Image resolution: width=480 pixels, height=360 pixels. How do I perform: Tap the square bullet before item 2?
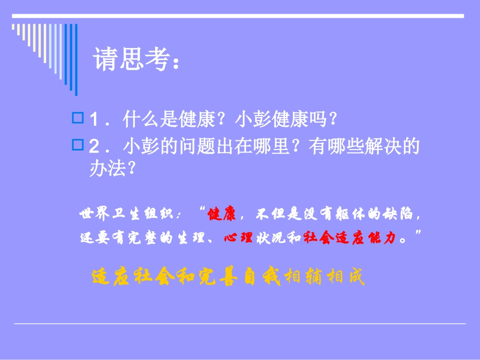pyautogui.click(x=78, y=145)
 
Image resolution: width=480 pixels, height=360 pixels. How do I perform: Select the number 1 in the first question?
pyautogui.click(x=93, y=121)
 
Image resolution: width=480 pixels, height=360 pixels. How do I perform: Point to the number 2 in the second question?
pyautogui.click(x=93, y=147)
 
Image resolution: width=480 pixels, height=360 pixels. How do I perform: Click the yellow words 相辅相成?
pyautogui.click(x=324, y=277)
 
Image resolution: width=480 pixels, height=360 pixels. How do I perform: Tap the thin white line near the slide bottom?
pyautogui.click(x=239, y=323)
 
